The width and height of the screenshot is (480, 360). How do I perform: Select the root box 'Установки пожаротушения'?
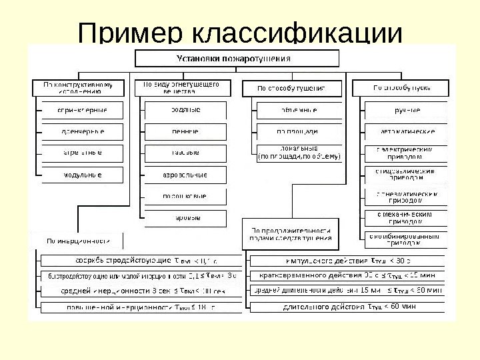tap(233, 58)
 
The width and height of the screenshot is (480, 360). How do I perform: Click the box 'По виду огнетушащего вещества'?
tap(181, 88)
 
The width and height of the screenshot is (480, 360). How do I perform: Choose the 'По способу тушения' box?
tap(292, 88)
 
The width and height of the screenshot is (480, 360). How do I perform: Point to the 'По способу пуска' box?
tap(401, 88)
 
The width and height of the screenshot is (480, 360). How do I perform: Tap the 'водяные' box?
tap(185, 109)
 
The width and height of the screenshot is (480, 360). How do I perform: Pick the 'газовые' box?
tap(185, 153)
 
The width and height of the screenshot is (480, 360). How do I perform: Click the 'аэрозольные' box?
tap(185, 175)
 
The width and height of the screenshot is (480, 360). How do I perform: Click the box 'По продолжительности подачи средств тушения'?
tap(291, 233)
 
